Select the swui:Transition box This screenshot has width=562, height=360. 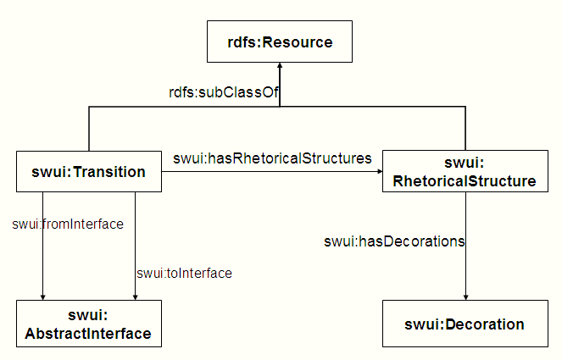point(89,172)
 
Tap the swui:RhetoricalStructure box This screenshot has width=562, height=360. point(465,172)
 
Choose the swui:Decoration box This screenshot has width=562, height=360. point(465,324)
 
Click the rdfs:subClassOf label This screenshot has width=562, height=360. point(224,92)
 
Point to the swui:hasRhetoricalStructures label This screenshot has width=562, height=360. point(272,158)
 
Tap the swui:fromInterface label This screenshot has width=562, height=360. point(68,224)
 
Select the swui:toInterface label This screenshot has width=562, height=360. point(184,273)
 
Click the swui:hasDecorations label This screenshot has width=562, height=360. point(394,241)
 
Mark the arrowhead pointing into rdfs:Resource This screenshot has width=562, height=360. point(280,67)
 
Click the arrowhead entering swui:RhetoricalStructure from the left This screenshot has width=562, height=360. point(377,172)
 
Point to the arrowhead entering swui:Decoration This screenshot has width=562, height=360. point(465,295)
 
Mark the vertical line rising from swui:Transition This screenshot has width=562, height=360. point(89,129)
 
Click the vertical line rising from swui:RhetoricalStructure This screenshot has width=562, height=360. point(465,129)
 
